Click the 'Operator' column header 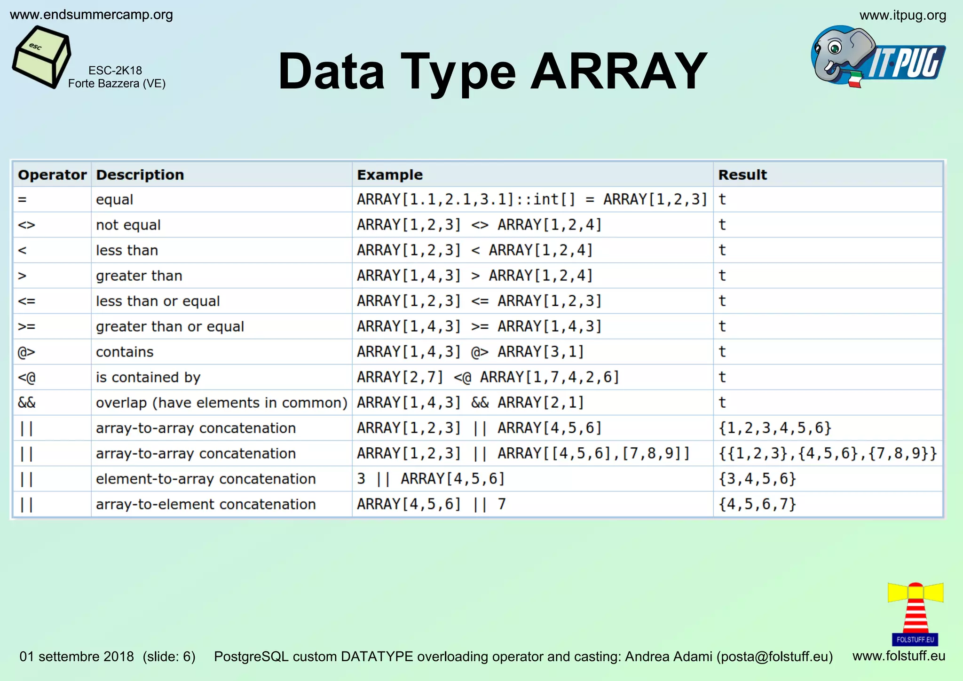(52, 175)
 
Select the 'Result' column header (742, 175)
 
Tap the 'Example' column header (389, 175)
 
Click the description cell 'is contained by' (148, 377)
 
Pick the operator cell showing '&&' (27, 403)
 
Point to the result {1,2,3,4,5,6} (774, 428)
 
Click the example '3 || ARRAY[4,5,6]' (430, 479)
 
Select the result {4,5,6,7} (757, 504)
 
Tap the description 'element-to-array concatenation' (205, 479)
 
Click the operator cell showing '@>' (27, 352)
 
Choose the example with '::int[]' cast (531, 199)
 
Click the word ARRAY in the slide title (618, 71)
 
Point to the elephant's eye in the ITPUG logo (835, 48)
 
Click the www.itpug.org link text (902, 16)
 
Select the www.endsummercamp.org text (91, 15)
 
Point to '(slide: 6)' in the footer (169, 657)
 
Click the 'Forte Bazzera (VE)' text (117, 84)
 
